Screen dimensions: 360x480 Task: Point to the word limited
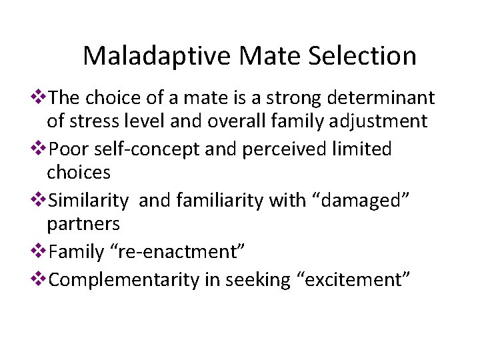(365, 149)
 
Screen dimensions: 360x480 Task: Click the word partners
(83, 223)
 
